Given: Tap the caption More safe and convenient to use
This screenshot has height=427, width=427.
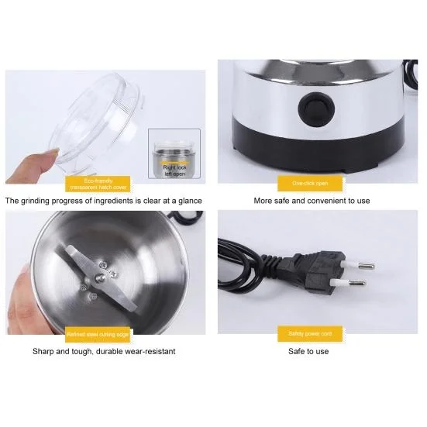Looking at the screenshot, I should coord(312,201).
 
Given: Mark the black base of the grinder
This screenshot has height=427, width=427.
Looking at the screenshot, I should coord(318,155).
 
